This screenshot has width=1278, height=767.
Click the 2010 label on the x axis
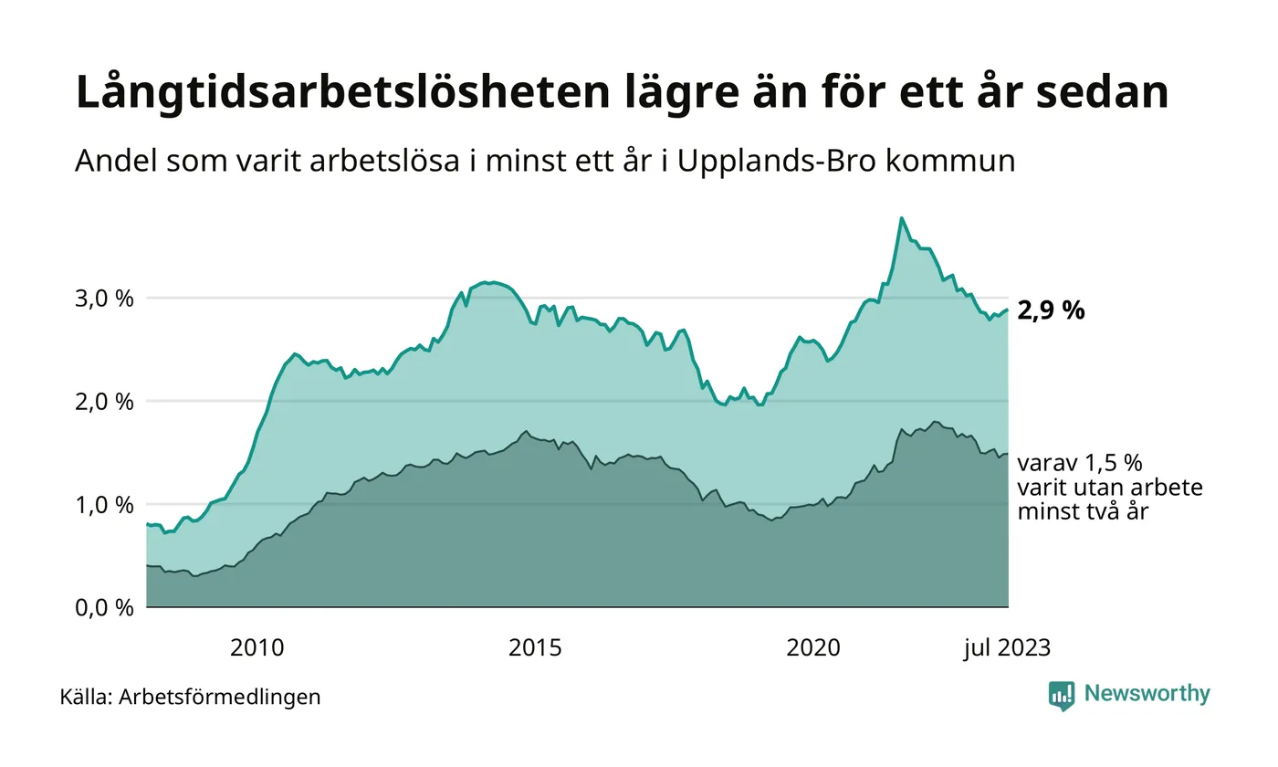tap(257, 648)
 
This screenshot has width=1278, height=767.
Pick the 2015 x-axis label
tap(535, 648)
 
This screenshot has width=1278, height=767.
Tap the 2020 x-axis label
tap(813, 648)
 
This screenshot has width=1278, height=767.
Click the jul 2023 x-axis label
tap(1007, 648)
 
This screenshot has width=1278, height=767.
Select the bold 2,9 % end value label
tap(1051, 310)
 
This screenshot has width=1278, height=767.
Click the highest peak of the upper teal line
tap(902, 218)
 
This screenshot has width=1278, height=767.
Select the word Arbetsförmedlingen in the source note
tap(220, 697)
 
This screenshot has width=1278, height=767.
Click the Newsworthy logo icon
tap(1062, 696)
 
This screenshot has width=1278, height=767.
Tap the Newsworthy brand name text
tap(1147, 694)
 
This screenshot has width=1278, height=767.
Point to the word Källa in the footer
tap(86, 697)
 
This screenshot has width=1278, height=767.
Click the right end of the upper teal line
tap(1008, 310)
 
